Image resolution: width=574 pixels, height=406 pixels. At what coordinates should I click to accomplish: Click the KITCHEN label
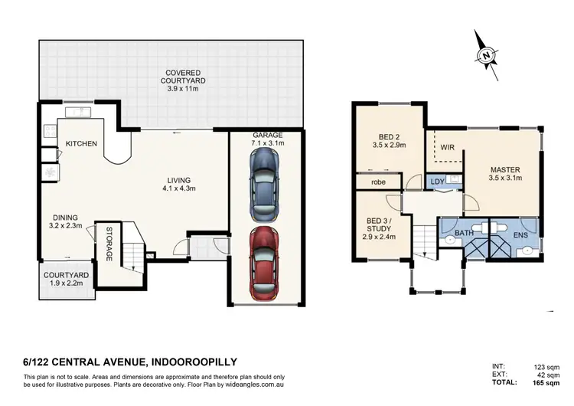80,144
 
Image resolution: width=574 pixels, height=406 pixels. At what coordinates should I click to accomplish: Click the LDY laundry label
437,182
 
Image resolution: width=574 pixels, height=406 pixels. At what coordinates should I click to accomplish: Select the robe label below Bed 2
378,183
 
